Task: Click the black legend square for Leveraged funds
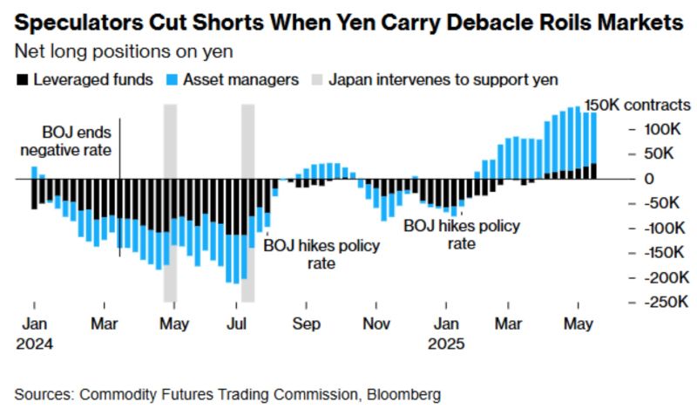(x=22, y=80)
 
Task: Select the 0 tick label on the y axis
(x=649, y=178)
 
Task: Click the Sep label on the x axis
(x=306, y=324)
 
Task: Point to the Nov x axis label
(x=376, y=324)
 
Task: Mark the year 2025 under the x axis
(x=447, y=343)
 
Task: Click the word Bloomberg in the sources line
(x=397, y=393)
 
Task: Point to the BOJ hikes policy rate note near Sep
(x=321, y=254)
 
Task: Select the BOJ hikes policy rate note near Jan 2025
(x=461, y=235)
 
